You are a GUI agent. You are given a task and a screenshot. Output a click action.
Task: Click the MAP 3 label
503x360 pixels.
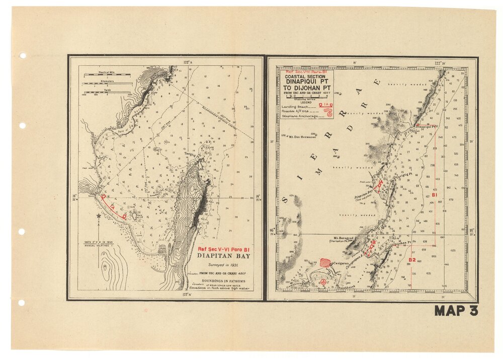[x=456, y=311]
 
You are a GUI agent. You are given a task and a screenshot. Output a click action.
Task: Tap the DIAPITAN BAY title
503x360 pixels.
[x=224, y=256]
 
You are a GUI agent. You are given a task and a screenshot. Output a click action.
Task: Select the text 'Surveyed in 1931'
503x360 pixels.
[x=224, y=264]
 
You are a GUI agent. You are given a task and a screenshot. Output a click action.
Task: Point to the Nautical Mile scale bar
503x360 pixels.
[x=107, y=74]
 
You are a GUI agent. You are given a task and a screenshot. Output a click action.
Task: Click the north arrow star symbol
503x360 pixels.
[x=99, y=216]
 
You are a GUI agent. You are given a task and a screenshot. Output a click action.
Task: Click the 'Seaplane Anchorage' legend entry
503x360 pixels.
[x=300, y=116]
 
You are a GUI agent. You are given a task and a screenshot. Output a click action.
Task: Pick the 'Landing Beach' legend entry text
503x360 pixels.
[x=296, y=106]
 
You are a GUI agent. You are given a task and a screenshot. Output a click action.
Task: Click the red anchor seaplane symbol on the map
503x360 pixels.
[x=323, y=282]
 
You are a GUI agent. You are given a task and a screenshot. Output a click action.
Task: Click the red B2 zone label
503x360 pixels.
[x=412, y=260]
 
